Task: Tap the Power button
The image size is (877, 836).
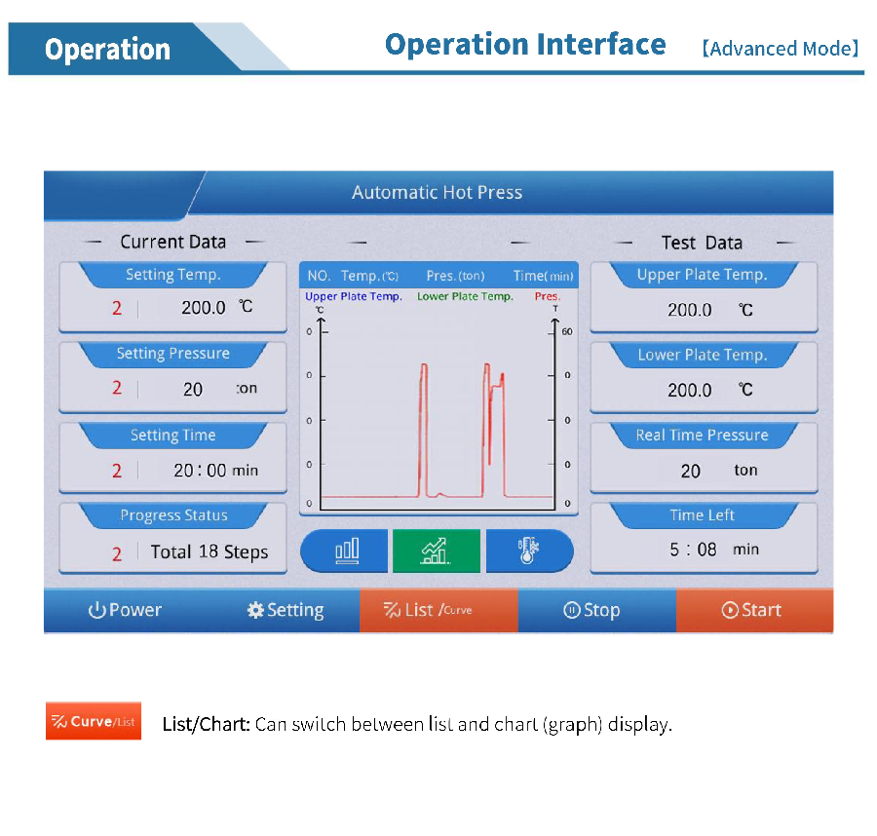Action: tap(123, 610)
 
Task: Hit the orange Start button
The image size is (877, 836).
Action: tap(754, 610)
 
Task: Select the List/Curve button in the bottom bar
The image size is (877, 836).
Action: tap(439, 610)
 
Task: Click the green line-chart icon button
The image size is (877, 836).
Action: tap(437, 551)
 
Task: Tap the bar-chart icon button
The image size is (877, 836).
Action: tap(345, 551)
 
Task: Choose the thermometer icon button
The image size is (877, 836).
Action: tap(529, 551)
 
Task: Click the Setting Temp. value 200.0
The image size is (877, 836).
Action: tap(203, 308)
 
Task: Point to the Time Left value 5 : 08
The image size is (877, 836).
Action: tap(693, 550)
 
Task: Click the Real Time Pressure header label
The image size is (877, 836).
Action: tap(702, 436)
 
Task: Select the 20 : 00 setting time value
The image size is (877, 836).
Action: tap(200, 471)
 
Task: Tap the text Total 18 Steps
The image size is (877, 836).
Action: tap(210, 551)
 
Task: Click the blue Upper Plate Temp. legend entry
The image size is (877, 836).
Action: tap(354, 296)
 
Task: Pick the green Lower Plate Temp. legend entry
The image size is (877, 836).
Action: tap(465, 296)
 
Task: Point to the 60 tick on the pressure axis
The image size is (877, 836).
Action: tap(567, 331)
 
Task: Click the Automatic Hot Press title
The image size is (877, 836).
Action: tap(437, 192)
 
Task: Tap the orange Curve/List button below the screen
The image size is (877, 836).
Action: tap(94, 721)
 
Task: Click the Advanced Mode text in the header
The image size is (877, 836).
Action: tap(781, 49)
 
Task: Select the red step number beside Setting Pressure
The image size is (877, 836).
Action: tap(116, 388)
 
